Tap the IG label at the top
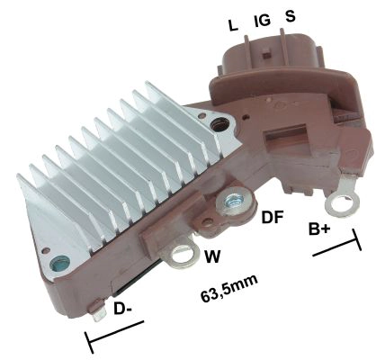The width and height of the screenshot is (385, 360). [x=262, y=19]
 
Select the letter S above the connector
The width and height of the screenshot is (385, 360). [x=290, y=16]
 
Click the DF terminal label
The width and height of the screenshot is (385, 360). [x=273, y=216]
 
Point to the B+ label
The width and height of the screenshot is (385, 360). [x=319, y=231]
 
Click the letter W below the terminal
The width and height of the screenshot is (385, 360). [x=212, y=256]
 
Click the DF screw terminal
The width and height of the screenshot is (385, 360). [x=238, y=206]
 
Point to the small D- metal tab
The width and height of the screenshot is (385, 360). [x=96, y=313]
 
